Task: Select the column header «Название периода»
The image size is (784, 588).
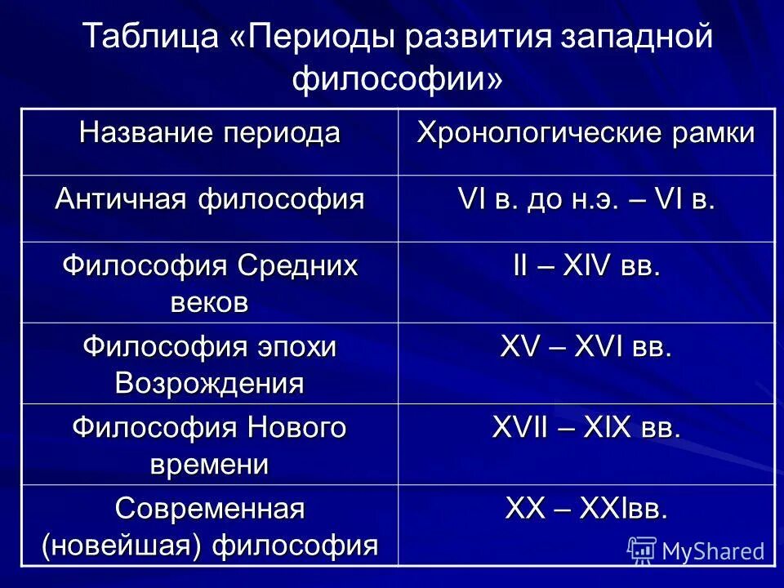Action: point(209,132)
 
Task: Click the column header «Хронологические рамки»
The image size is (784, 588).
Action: point(586,132)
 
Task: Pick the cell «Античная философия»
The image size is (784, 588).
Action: point(209,200)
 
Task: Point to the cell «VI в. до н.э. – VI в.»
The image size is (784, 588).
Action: point(586,200)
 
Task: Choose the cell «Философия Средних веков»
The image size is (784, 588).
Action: point(209,283)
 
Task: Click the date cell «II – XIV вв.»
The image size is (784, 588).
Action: point(586,267)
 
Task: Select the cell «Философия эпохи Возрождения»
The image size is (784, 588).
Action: point(209,363)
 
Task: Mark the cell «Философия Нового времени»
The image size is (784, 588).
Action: point(209,444)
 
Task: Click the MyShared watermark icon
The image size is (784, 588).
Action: point(642,550)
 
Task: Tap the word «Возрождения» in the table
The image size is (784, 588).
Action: point(209,382)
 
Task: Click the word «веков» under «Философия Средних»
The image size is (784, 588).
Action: point(209,301)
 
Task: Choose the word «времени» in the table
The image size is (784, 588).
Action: point(209,463)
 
